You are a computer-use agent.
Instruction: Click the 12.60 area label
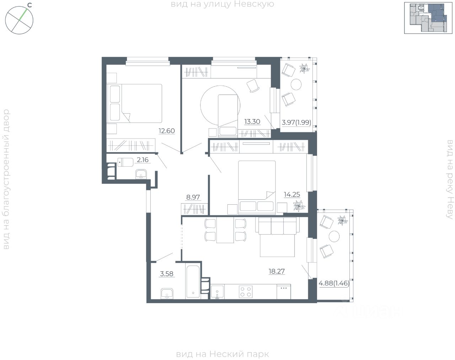click(167, 131)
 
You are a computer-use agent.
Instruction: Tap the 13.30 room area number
click(252, 122)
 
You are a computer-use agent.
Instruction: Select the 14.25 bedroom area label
click(291, 194)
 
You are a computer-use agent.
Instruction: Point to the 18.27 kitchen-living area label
click(277, 272)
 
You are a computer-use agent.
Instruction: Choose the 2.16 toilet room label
click(142, 160)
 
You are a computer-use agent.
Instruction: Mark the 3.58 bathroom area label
click(167, 274)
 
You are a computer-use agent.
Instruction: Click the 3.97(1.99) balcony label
click(296, 123)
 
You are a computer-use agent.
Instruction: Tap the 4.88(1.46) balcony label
click(334, 283)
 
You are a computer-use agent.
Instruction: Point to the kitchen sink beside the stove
click(217, 292)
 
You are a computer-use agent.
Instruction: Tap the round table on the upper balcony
click(296, 84)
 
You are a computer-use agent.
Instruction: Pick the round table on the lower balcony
click(334, 236)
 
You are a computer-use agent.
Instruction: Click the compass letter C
click(30, 5)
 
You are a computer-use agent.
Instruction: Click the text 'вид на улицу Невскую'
click(223, 4)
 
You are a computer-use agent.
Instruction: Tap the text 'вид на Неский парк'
click(223, 354)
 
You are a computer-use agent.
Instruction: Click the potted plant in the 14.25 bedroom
click(298, 206)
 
